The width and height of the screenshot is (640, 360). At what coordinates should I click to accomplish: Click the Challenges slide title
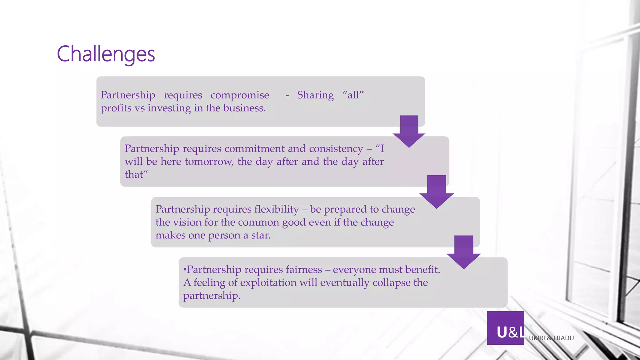[106, 54]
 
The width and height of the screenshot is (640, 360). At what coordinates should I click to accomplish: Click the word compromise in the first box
[240, 95]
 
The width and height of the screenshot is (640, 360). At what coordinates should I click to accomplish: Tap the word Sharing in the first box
[315, 95]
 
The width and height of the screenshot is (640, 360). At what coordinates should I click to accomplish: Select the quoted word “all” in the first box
[353, 95]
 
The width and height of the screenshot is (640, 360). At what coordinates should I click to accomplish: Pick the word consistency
[336, 149]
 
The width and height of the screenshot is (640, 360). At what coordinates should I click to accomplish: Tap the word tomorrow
[209, 162]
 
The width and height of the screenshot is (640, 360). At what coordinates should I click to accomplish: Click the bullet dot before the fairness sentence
[185, 269]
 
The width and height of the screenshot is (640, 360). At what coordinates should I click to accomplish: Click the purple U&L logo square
[505, 328]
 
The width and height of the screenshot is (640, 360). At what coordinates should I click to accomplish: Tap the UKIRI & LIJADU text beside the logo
[551, 338]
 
